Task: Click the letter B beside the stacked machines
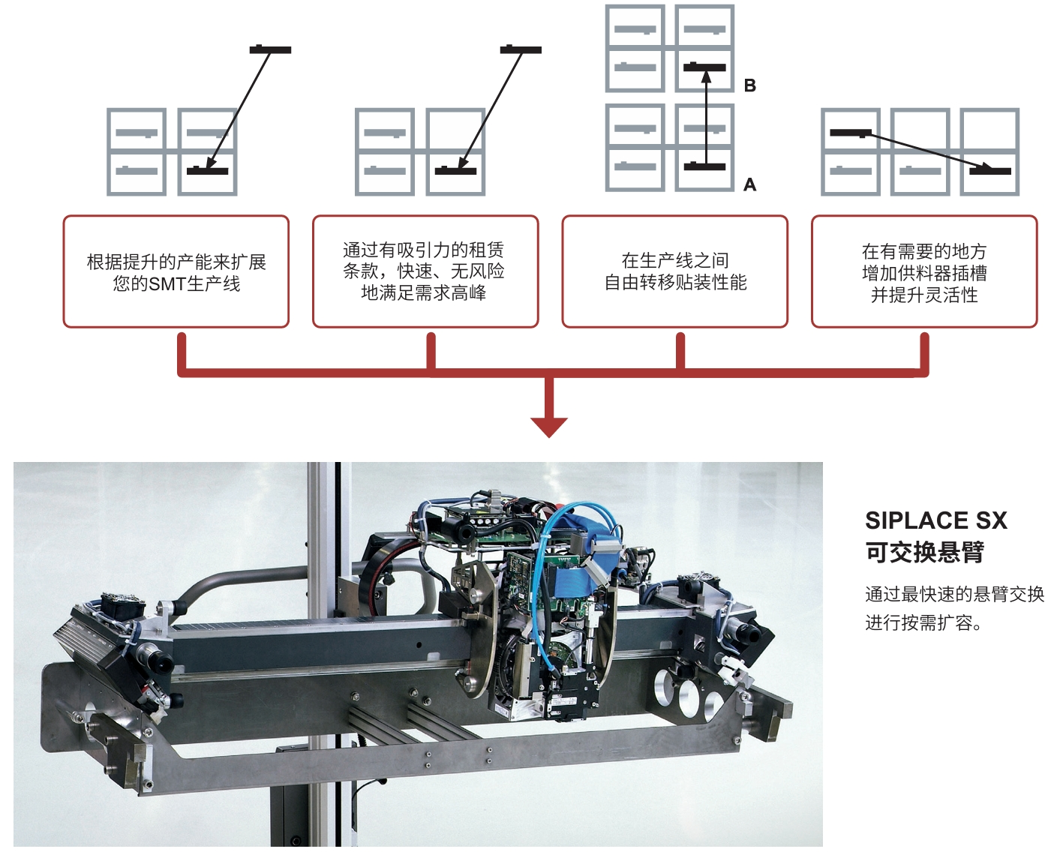click(x=749, y=85)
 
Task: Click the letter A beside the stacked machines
click(x=749, y=184)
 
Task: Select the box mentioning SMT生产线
click(x=176, y=271)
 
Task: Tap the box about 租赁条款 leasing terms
click(x=425, y=271)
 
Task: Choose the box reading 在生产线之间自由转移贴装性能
click(x=675, y=271)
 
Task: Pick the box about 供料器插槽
click(x=924, y=271)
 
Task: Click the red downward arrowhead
click(x=549, y=425)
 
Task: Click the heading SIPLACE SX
click(x=935, y=520)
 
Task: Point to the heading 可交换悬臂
click(x=924, y=552)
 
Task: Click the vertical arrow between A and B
click(x=705, y=116)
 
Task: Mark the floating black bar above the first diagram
click(x=270, y=49)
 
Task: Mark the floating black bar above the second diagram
click(x=521, y=49)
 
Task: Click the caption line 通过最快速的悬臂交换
click(x=954, y=594)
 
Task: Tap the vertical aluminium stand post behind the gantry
click(x=320, y=525)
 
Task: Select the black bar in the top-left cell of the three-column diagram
click(x=851, y=133)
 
